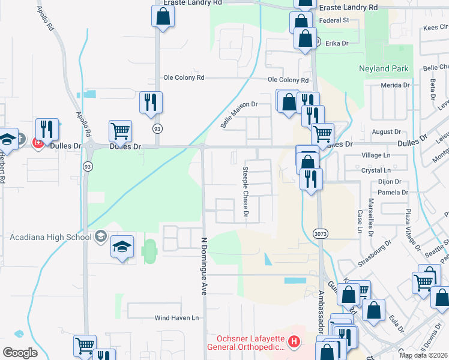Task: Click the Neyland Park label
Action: coord(384,69)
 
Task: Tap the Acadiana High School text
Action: coord(50,236)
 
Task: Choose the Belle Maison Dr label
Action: coord(239,113)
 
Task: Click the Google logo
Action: coord(20,353)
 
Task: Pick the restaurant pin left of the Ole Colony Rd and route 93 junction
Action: coord(150,103)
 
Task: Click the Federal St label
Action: coord(334,20)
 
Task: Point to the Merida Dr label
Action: coord(394,86)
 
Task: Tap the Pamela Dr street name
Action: coord(393,193)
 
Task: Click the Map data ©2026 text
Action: coord(423,355)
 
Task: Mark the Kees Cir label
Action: coord(435,27)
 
